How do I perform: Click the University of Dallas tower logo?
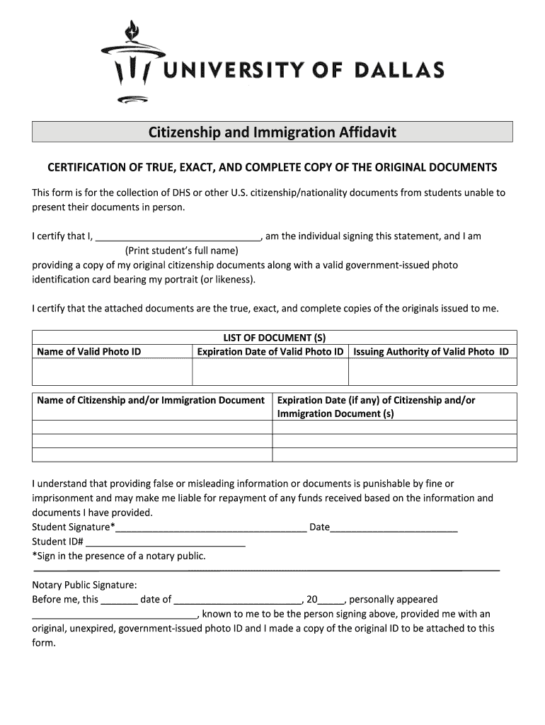[131, 60]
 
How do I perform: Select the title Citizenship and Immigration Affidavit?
[272, 132]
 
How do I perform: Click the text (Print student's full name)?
[182, 251]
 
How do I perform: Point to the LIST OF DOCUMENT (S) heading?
[274, 338]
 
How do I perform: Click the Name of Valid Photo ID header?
[88, 352]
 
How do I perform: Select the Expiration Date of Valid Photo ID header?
[270, 352]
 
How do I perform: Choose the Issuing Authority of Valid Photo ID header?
[431, 352]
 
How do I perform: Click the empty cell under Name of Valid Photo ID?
[112, 371]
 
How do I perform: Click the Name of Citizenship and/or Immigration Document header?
[151, 401]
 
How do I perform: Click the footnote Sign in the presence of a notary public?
[119, 556]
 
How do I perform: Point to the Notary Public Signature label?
[84, 585]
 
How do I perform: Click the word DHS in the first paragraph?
[171, 193]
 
